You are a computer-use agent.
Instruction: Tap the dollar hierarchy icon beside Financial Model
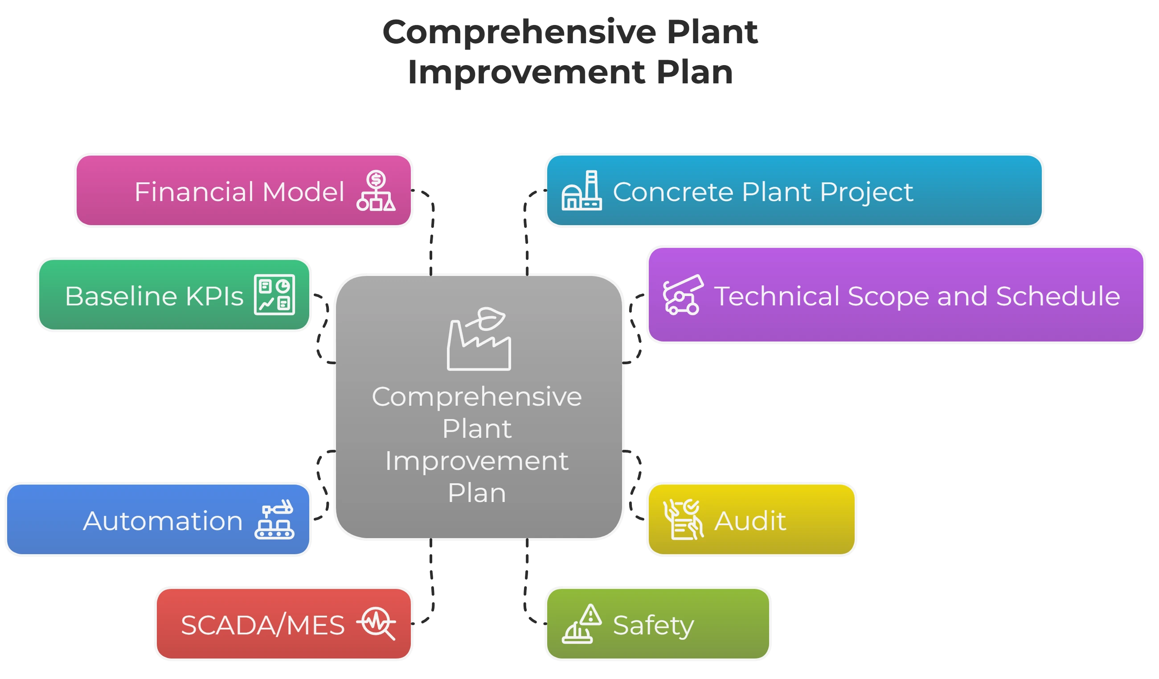376,191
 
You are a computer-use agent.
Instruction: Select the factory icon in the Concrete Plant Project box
582,191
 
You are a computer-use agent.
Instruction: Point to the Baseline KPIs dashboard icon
274,295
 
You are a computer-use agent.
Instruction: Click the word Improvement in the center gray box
477,461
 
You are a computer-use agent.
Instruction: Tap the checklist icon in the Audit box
683,519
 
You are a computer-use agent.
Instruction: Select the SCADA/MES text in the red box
262,625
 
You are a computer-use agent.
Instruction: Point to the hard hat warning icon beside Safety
582,624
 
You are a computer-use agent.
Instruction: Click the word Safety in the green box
653,625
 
